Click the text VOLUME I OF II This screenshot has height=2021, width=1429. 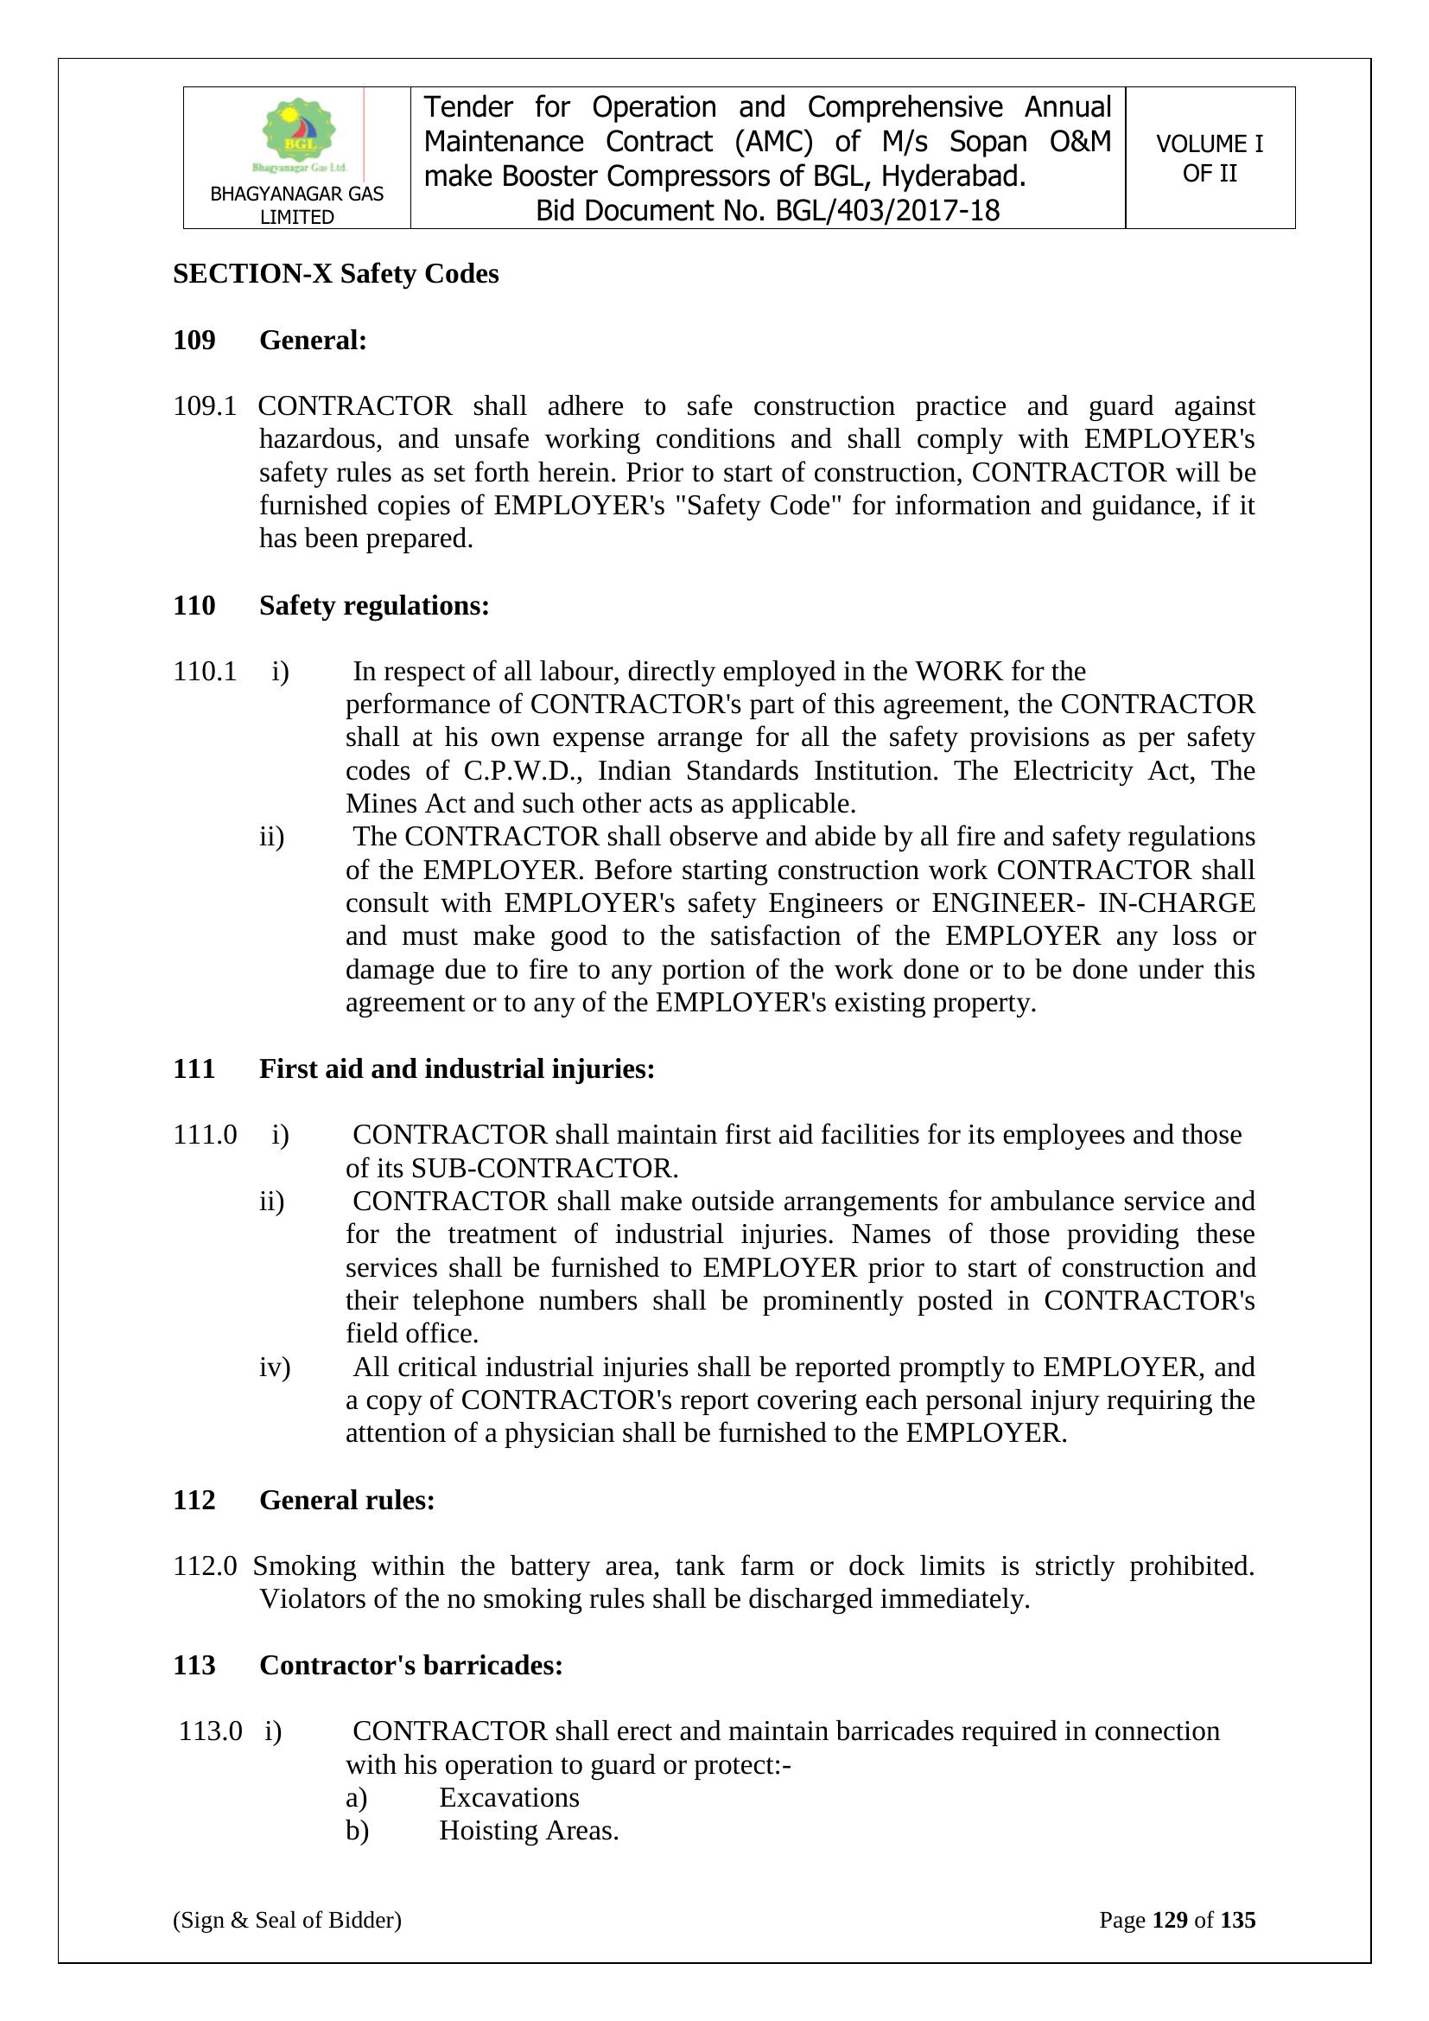click(x=1209, y=158)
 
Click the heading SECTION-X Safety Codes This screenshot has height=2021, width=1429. click(x=335, y=274)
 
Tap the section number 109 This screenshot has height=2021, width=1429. click(x=194, y=340)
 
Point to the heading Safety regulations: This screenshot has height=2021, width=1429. click(x=374, y=606)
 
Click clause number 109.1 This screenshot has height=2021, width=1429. click(x=204, y=405)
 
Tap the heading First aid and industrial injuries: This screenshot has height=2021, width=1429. click(x=457, y=1068)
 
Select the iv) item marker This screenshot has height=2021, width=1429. click(x=274, y=1367)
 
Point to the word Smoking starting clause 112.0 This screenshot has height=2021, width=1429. click(x=304, y=1566)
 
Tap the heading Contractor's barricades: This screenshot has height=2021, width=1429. click(x=411, y=1666)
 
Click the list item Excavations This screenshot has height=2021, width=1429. click(x=509, y=1797)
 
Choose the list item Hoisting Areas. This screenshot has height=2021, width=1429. click(x=529, y=1831)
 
